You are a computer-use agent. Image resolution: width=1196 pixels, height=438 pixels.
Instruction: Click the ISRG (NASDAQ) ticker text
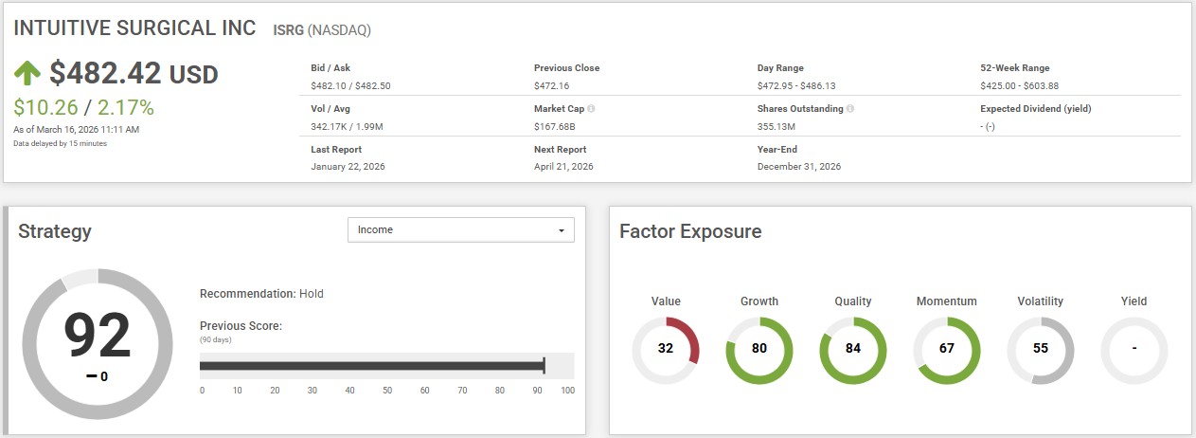point(321,29)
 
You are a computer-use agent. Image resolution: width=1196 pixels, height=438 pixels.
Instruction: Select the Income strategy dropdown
point(461,229)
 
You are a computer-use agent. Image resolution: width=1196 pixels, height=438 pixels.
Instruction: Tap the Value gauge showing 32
point(666,348)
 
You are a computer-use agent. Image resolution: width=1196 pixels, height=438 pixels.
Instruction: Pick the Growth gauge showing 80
point(759,348)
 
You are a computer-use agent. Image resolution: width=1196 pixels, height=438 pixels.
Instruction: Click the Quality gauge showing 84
point(852,348)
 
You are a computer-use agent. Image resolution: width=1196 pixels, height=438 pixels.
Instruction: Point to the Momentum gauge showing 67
point(946,348)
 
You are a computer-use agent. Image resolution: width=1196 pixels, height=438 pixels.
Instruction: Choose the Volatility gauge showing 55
point(1040,348)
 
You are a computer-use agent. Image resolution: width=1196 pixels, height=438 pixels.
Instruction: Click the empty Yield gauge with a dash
point(1134,348)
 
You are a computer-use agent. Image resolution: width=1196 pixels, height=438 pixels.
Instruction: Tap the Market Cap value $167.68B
point(555,126)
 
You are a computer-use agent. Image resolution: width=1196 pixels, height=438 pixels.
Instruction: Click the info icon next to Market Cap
point(591,109)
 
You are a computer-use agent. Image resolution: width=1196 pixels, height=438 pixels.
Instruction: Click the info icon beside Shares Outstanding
point(850,109)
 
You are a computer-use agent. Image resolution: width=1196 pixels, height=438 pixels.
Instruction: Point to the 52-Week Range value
point(1019,85)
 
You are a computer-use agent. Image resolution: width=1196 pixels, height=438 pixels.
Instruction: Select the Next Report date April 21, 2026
point(563,167)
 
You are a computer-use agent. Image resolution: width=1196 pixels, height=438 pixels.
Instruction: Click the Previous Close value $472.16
point(550,85)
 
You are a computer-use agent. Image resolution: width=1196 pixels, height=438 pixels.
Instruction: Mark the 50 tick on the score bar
point(387,390)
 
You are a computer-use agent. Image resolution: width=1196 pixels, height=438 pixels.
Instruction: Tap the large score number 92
point(98,336)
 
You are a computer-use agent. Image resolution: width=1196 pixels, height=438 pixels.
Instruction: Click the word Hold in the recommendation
point(312,294)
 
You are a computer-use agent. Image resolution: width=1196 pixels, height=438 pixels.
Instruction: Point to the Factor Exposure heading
point(689,231)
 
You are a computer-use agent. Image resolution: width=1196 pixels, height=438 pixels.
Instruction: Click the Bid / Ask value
point(350,85)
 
